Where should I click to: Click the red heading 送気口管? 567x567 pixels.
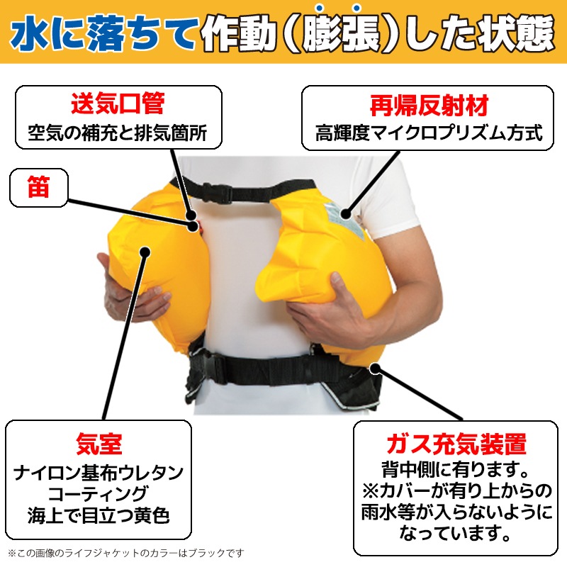[117, 104]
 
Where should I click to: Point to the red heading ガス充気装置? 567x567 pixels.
[455, 444]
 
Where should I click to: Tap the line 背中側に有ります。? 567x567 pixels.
[455, 470]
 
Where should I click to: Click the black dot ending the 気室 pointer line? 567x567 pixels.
[145, 250]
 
